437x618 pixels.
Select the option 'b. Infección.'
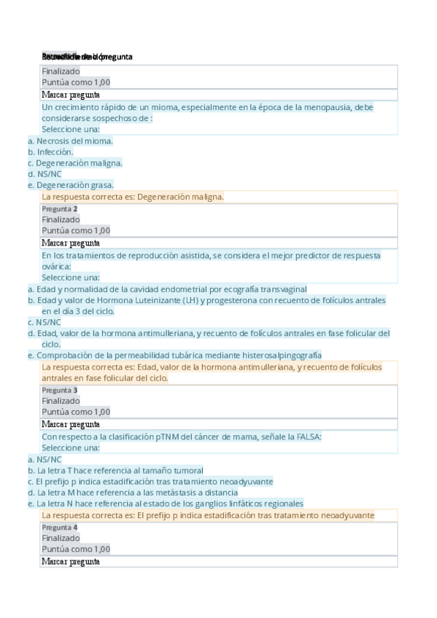click(50, 152)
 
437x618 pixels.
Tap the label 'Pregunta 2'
click(60, 209)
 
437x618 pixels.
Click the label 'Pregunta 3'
click(60, 391)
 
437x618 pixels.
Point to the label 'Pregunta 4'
click(60, 527)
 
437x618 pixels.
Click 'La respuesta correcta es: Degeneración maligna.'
click(133, 197)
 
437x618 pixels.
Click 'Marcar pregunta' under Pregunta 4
click(71, 562)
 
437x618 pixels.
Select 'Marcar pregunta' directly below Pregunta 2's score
click(71, 243)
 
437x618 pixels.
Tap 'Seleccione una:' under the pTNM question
click(71, 447)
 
